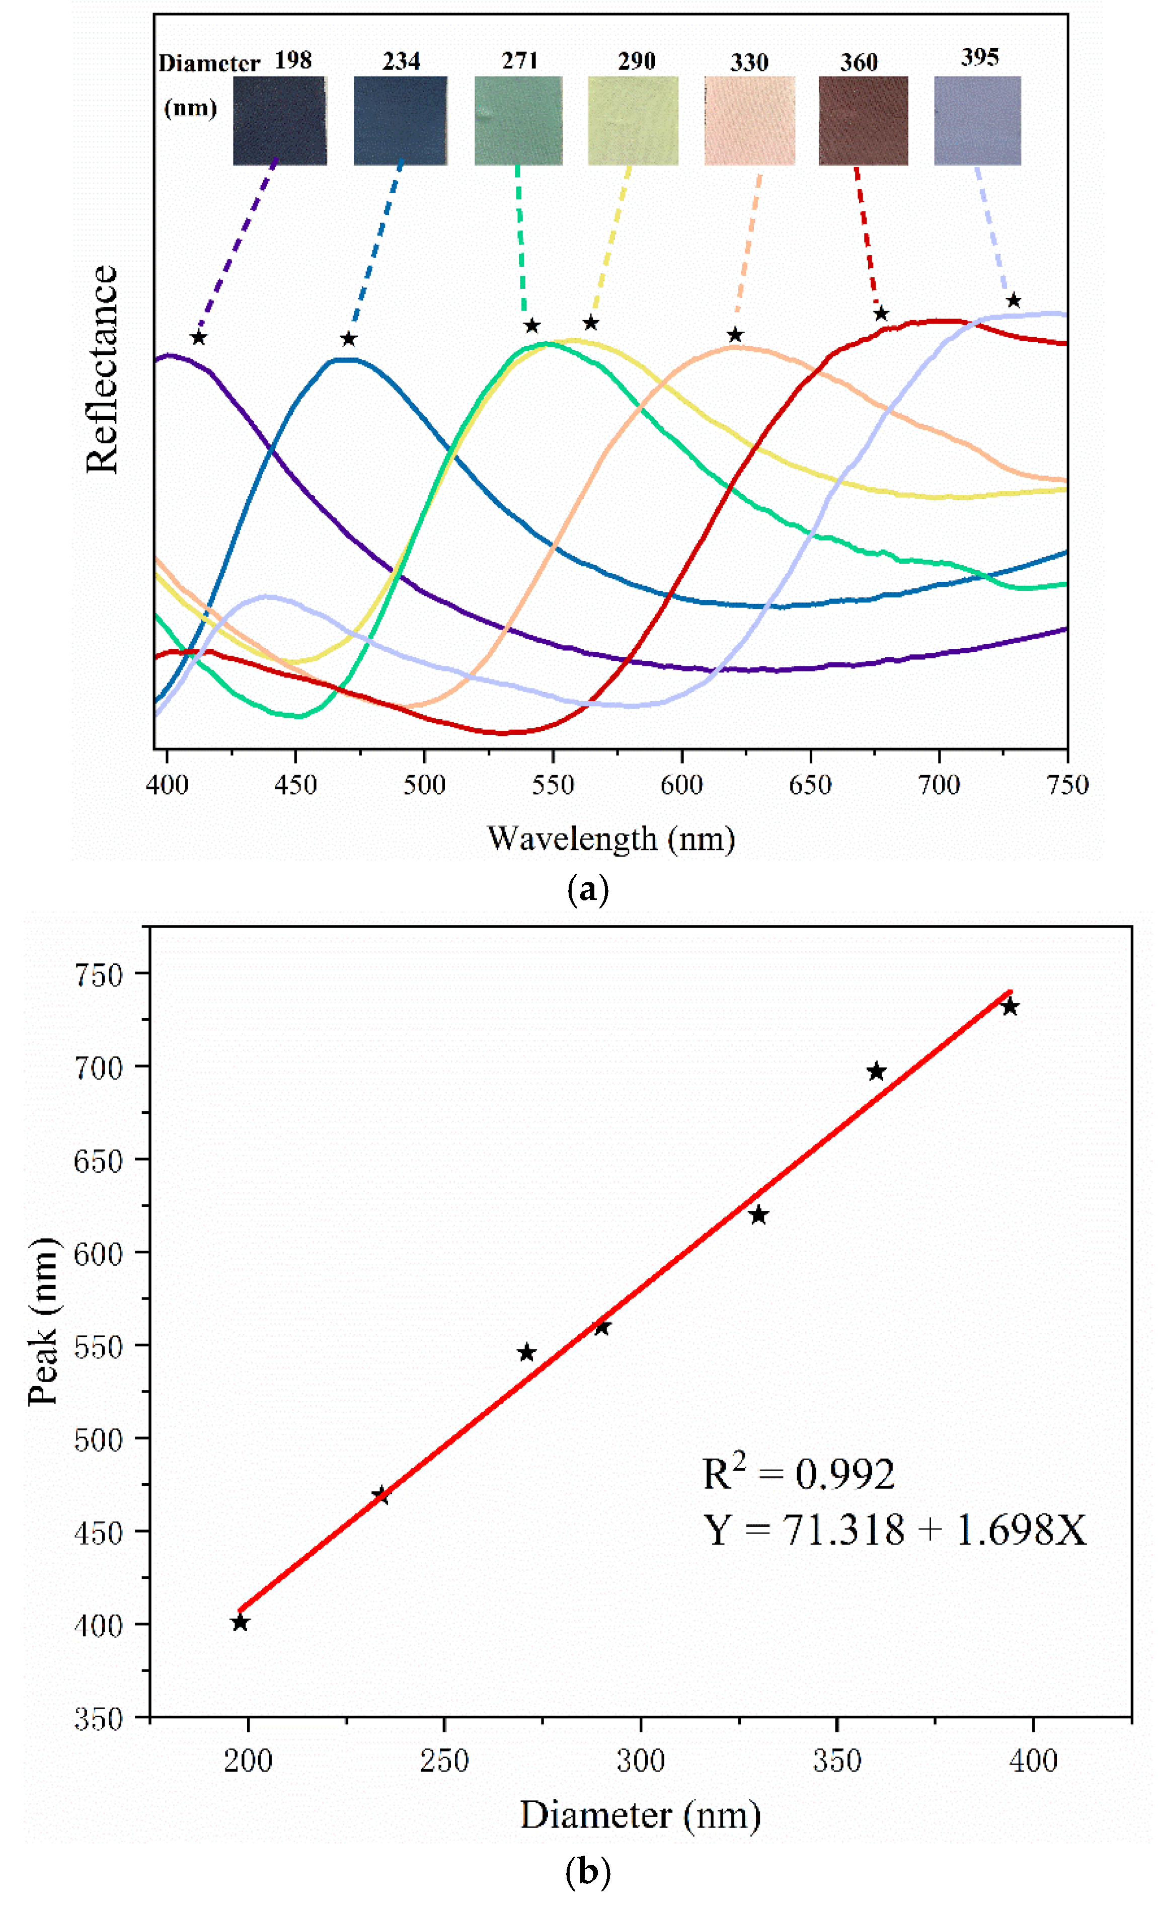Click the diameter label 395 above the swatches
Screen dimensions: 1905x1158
pos(979,57)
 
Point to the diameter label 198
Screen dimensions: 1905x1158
pos(293,60)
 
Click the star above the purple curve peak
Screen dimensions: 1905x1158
pos(199,338)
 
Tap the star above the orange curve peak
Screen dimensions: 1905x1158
pos(735,335)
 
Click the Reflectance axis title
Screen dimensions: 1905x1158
pos(102,369)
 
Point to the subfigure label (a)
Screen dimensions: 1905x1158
pos(587,890)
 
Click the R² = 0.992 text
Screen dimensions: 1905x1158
pos(798,1474)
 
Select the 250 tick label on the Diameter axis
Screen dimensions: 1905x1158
pos(444,1761)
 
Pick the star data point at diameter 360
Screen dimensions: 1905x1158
pos(876,1072)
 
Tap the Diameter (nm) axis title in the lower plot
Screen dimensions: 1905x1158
pos(640,1814)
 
